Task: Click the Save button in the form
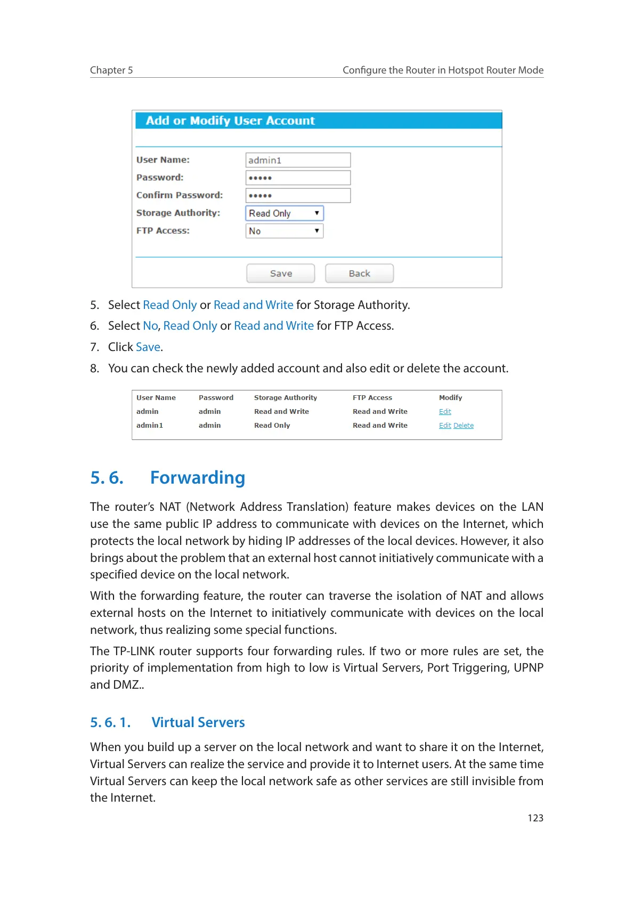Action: pyautogui.click(x=280, y=273)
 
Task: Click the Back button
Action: pyautogui.click(x=359, y=273)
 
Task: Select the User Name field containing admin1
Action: pyautogui.click(x=298, y=160)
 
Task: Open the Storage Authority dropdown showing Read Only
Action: pyautogui.click(x=285, y=213)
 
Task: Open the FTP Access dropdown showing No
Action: pyautogui.click(x=285, y=231)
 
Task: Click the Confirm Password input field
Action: pyautogui.click(x=298, y=195)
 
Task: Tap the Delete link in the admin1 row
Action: pyautogui.click(x=464, y=426)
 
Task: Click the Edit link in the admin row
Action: pyautogui.click(x=445, y=412)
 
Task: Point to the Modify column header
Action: pyautogui.click(x=450, y=398)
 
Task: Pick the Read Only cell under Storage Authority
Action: pyautogui.click(x=272, y=426)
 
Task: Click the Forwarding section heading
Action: pyautogui.click(x=198, y=478)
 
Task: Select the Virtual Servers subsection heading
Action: pyautogui.click(x=198, y=723)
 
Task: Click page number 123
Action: pyautogui.click(x=535, y=818)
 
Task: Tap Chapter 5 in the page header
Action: pyautogui.click(x=111, y=70)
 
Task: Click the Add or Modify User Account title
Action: pyautogui.click(x=230, y=121)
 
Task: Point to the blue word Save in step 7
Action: pyautogui.click(x=148, y=347)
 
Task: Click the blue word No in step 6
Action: pyautogui.click(x=150, y=326)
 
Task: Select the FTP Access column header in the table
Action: pyautogui.click(x=372, y=398)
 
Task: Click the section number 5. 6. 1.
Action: pyautogui.click(x=110, y=723)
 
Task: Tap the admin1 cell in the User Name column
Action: pyautogui.click(x=150, y=426)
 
